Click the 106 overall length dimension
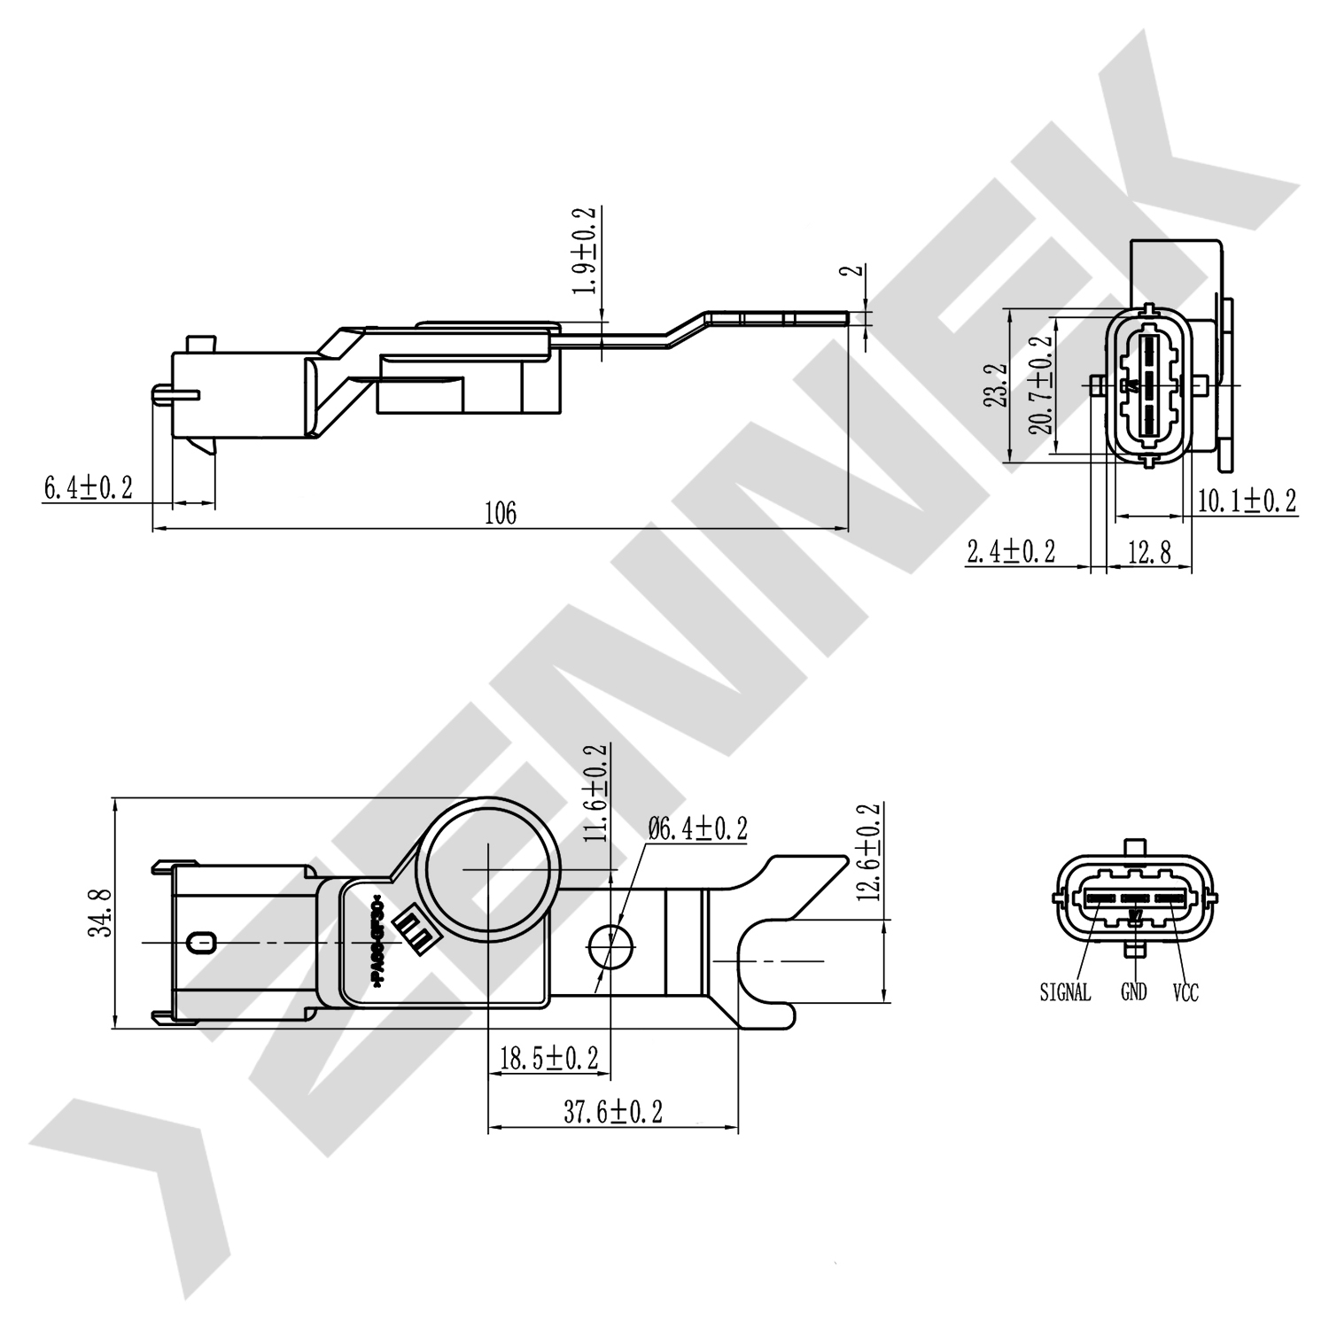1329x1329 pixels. coord(500,513)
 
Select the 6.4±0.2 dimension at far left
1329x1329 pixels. coord(88,486)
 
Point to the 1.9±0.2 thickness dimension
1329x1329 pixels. coord(585,252)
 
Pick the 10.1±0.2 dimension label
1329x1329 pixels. coord(1247,501)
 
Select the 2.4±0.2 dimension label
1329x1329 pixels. coord(1011,552)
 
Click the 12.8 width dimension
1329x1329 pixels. coord(1149,553)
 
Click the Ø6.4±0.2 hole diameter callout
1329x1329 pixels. coord(697,829)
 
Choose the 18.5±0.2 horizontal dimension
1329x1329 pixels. coord(548,1058)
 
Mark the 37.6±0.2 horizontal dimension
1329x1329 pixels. coord(613,1111)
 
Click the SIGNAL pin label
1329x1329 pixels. coord(1065,992)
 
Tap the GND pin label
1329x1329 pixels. coord(1133,991)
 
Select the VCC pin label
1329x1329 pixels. coord(1185,992)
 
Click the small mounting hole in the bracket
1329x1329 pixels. coord(612,946)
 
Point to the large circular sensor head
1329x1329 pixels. coord(488,870)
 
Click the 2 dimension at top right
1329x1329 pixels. coord(856,270)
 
